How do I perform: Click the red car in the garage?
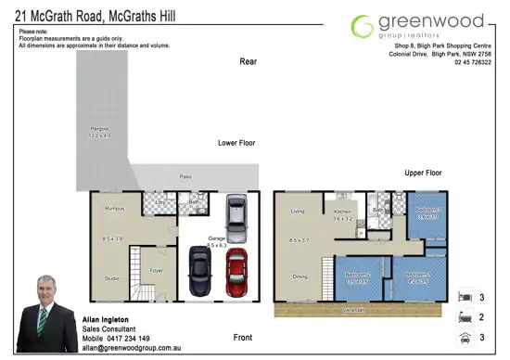[237, 272]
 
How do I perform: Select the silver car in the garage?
[236, 214]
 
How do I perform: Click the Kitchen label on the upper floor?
[343, 212]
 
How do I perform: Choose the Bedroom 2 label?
[358, 276]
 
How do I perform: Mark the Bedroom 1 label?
[416, 275]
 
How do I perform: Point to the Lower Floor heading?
[236, 143]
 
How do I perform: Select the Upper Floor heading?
[423, 173]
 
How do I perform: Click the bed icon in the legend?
[466, 299]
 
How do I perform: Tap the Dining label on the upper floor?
[300, 276]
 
